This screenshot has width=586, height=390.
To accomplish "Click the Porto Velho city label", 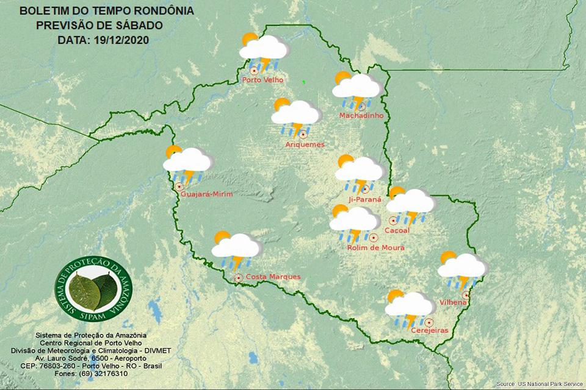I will tap(261, 80).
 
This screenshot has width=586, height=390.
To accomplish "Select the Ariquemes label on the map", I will tap(305, 144).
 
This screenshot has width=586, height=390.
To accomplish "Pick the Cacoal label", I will tap(397, 230).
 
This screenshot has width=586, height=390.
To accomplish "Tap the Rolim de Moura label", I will tap(375, 248).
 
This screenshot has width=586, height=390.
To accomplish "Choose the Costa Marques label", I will tap(273, 277).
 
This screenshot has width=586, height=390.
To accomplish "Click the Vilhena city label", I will tap(453, 302).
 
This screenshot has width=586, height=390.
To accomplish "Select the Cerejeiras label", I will tap(430, 330).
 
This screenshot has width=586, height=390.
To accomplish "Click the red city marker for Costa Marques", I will tap(239, 278).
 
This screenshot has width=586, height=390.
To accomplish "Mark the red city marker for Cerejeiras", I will tap(429, 322).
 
